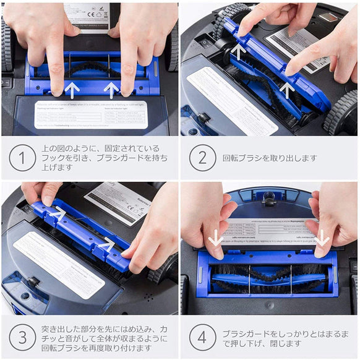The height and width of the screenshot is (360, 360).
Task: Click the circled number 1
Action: (22, 158)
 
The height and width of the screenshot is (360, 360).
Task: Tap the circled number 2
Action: (202, 158)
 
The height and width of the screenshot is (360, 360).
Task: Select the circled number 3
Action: (22, 338)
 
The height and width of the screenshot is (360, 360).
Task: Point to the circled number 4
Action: (202, 338)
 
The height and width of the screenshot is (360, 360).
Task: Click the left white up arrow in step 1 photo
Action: (72, 90)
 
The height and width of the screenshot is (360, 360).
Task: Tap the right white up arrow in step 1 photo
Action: (111, 90)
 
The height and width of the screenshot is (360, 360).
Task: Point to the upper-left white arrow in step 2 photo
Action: (239, 51)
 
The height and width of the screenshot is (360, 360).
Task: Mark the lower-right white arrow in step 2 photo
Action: (286, 90)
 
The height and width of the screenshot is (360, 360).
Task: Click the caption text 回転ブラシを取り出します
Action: (270, 158)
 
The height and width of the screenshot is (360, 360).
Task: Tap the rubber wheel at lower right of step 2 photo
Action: (341, 113)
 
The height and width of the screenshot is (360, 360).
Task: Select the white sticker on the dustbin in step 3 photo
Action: (59, 265)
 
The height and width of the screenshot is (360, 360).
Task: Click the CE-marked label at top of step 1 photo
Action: (87, 14)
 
